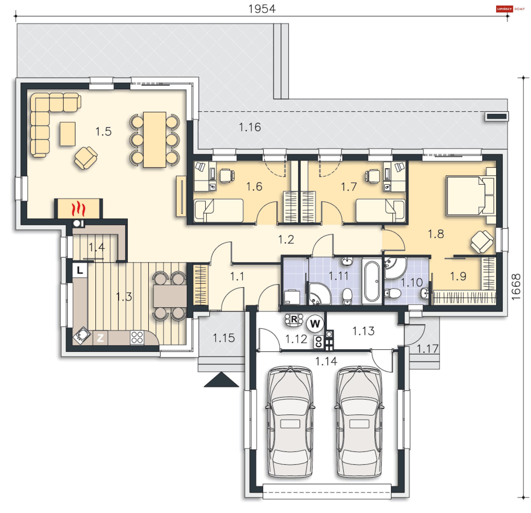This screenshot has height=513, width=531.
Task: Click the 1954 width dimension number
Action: (x=262, y=9)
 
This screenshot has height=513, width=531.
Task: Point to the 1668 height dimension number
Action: (x=516, y=287)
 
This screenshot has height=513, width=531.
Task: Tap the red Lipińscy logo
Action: (x=504, y=9)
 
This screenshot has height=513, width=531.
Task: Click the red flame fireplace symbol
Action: (x=78, y=209)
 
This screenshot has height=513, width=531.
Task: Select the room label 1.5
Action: (x=103, y=132)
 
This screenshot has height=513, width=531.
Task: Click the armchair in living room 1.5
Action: (x=86, y=158)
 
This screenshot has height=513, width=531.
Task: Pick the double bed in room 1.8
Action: (x=470, y=196)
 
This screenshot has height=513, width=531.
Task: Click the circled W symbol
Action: (x=315, y=323)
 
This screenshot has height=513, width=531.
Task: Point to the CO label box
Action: (x=318, y=342)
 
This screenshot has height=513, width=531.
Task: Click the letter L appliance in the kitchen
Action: (x=80, y=270)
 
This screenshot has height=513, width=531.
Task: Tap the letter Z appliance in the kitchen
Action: (x=100, y=338)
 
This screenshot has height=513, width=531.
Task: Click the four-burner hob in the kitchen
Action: (x=137, y=338)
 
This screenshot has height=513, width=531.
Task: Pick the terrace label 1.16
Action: (x=250, y=127)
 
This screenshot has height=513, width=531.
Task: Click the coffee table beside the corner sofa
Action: (x=67, y=134)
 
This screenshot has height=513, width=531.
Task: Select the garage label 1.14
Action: (x=326, y=361)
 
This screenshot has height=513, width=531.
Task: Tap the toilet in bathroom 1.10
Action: (x=393, y=293)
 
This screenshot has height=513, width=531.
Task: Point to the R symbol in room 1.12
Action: (x=294, y=320)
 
